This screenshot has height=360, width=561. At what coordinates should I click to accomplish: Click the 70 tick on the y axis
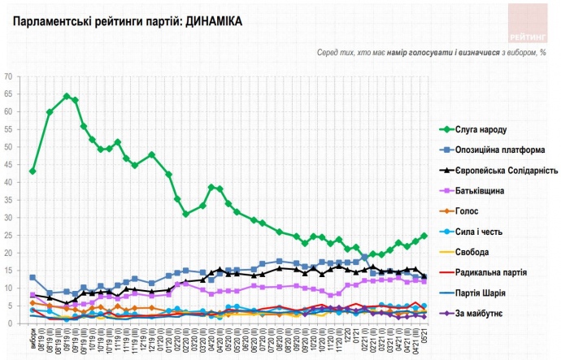click(x=11, y=76)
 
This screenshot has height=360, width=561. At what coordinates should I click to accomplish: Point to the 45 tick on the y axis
click(x=11, y=165)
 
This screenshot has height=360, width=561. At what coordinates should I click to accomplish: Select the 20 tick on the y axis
click(x=11, y=254)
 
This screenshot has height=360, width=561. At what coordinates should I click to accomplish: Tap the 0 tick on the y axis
click(x=13, y=324)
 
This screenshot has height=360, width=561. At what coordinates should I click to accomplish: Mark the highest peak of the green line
click(x=67, y=96)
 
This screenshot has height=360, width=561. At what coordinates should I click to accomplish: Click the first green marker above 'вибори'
click(x=33, y=171)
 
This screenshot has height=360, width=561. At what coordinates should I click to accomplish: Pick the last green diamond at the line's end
click(x=424, y=236)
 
